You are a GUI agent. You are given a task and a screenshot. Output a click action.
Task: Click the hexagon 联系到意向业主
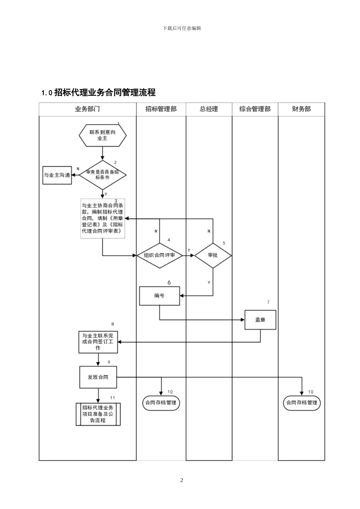102,135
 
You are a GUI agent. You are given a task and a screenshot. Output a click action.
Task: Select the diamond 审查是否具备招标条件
102,175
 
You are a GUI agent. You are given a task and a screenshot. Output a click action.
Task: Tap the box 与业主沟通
57,175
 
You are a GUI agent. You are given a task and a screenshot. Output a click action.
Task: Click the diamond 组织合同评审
160,255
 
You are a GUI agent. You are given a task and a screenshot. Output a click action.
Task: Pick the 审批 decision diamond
213,255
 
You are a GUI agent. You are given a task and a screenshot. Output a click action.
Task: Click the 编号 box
160,296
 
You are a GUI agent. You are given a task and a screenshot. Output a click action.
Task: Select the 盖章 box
260,320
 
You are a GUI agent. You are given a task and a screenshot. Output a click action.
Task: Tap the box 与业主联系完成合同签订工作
98,342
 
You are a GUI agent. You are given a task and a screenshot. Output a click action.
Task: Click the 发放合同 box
98,377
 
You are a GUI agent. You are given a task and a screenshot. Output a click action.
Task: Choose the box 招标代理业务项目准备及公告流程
98,414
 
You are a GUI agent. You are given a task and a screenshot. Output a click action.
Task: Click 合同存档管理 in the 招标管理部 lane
161,403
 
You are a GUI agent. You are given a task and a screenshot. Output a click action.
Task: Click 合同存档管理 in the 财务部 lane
302,403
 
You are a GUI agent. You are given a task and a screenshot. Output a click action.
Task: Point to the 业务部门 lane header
88,109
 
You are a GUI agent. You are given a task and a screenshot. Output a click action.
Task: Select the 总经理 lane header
209,109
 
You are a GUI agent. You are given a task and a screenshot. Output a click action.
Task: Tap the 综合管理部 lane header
255,109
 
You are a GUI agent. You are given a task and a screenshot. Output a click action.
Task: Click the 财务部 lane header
301,109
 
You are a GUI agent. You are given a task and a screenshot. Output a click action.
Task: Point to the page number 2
182,480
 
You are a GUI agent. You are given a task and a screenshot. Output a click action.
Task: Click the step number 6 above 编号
169,283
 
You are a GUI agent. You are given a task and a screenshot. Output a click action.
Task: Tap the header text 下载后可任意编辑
182,28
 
